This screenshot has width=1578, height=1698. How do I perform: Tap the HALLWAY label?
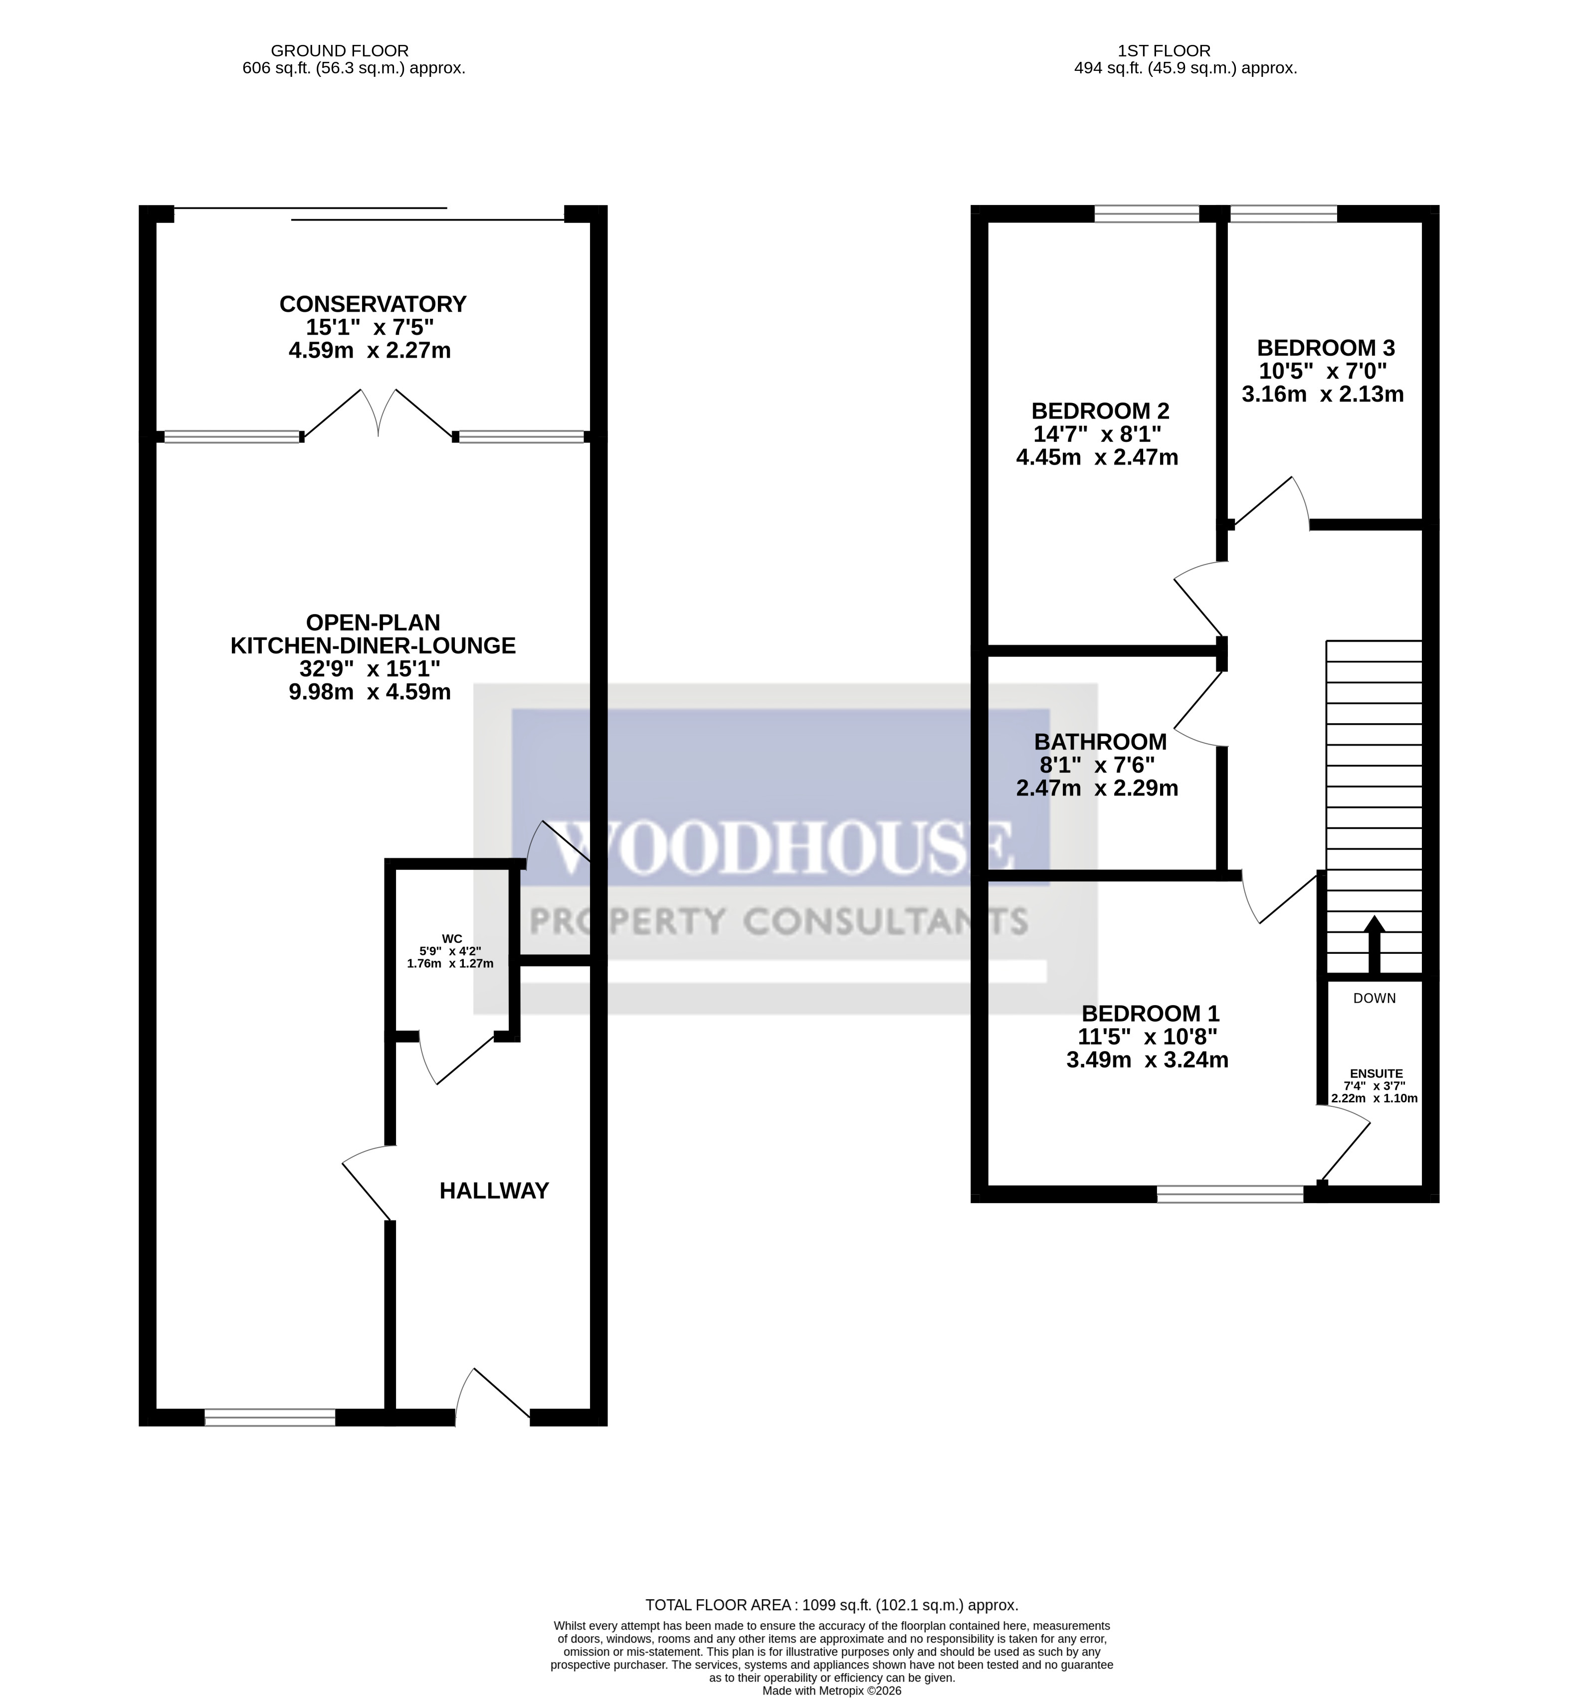(494, 1191)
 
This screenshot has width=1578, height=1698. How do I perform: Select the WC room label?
(452, 939)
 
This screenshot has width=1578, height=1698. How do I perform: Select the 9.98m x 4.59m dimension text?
(369, 692)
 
